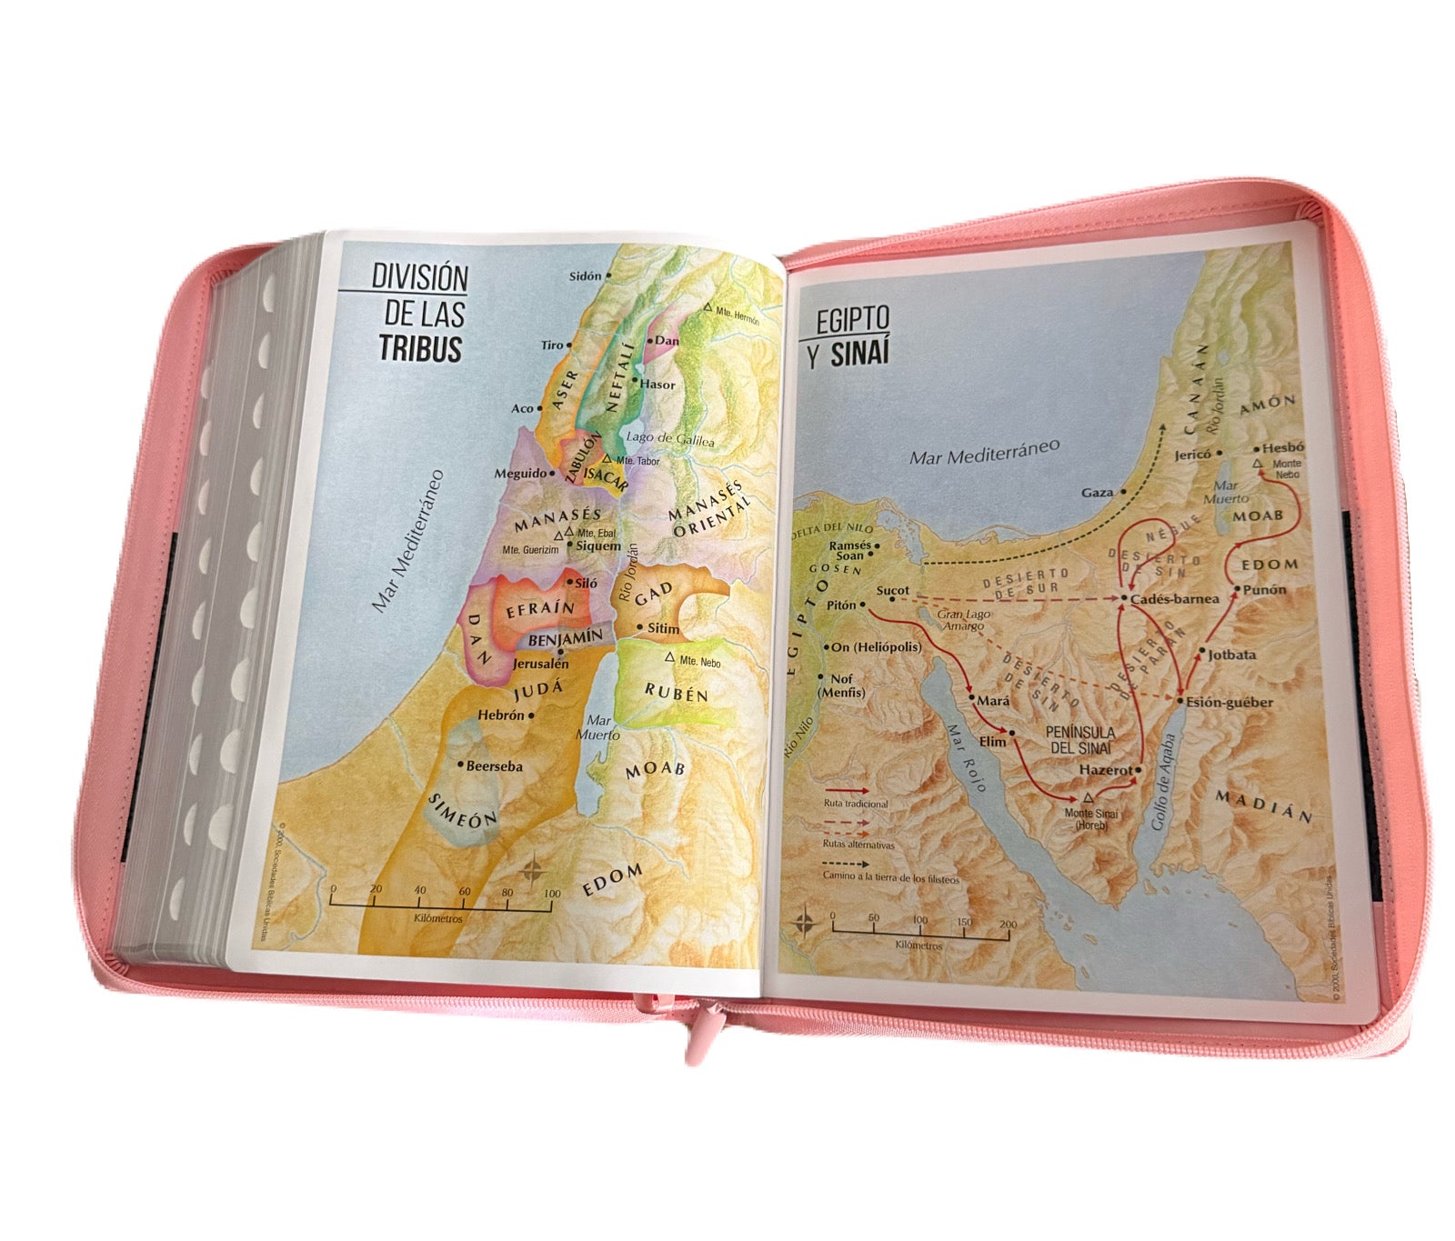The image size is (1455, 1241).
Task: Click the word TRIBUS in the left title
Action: click(x=420, y=349)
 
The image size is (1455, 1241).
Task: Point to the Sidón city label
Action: click(x=586, y=275)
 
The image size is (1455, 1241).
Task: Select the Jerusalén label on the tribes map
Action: click(x=540, y=664)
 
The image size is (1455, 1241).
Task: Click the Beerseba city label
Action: click(x=494, y=766)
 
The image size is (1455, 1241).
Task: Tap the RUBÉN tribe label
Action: click(x=676, y=694)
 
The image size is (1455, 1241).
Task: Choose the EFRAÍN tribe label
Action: click(x=540, y=610)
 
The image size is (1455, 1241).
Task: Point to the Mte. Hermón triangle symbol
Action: click(x=707, y=309)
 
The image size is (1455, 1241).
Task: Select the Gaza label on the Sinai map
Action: click(x=1097, y=493)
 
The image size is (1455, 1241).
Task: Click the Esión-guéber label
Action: click(x=1229, y=702)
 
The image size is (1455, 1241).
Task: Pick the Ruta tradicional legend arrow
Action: click(x=847, y=792)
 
